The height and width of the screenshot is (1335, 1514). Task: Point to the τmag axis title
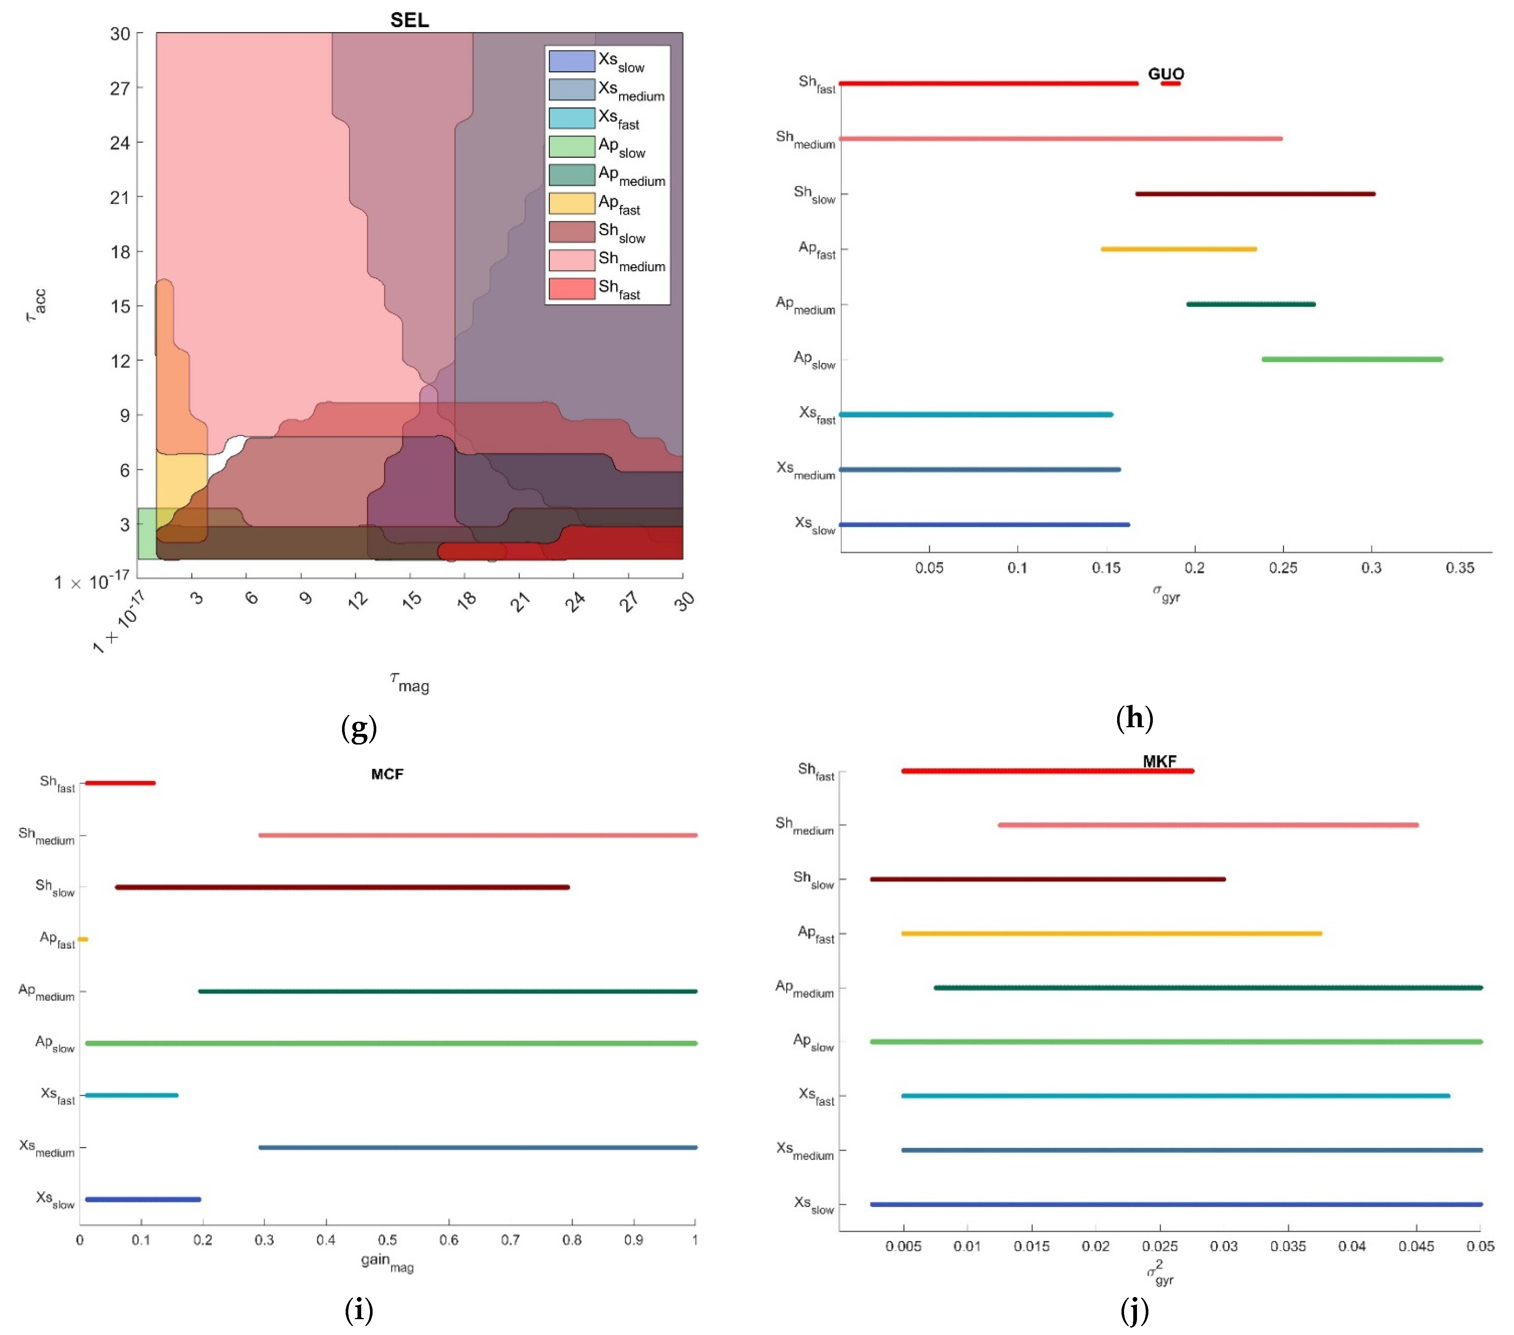(409, 682)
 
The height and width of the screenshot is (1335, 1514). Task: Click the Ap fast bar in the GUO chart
(1179, 249)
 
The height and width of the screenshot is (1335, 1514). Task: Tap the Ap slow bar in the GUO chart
(1352, 359)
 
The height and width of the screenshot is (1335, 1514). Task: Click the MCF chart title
(387, 774)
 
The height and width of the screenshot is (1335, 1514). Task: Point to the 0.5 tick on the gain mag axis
(387, 1240)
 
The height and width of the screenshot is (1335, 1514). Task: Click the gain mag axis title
(387, 1262)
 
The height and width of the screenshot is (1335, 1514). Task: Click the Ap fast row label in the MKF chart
(816, 934)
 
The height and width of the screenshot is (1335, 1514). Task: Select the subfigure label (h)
(1134, 718)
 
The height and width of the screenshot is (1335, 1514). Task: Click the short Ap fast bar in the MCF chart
(83, 940)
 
